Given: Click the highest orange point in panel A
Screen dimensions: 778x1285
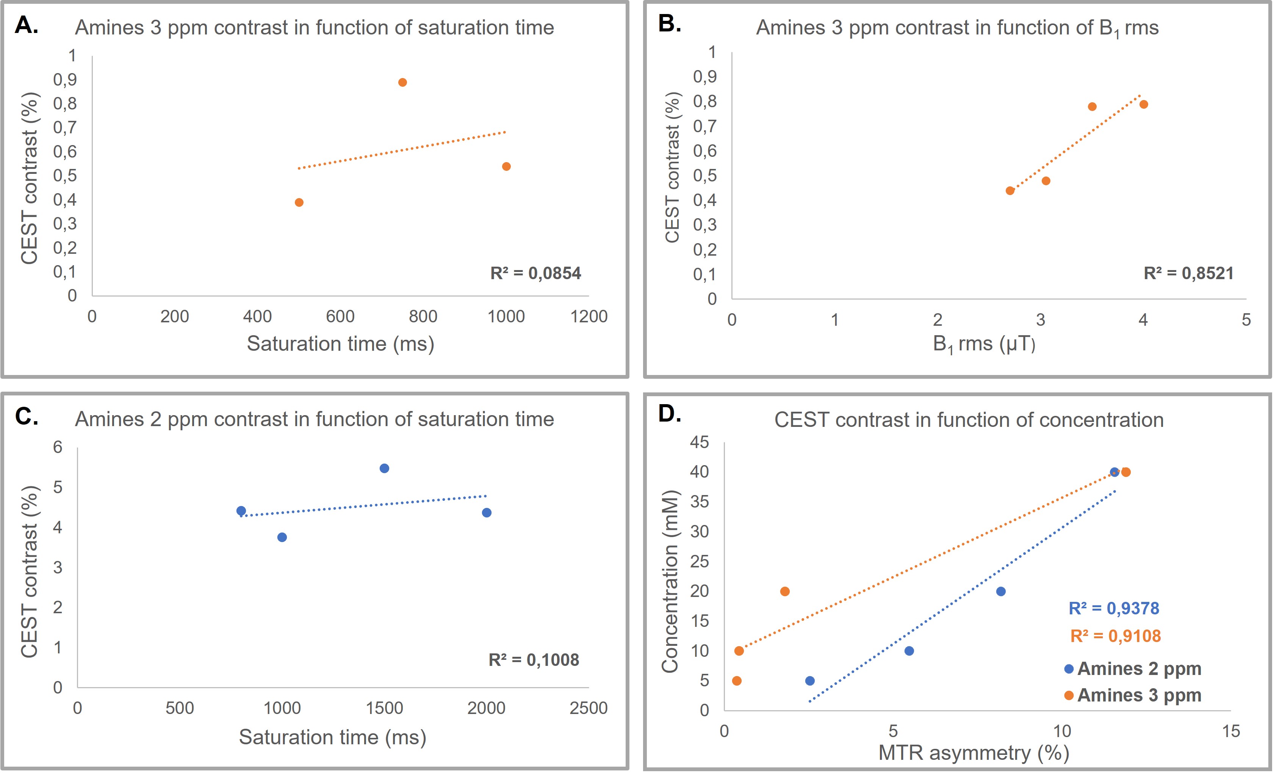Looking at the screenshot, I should click(402, 83).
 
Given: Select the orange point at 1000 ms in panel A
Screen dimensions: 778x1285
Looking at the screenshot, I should click(506, 166).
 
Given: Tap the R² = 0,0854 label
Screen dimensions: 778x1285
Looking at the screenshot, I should click(535, 273).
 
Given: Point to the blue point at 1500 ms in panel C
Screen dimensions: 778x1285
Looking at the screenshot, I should click(384, 468).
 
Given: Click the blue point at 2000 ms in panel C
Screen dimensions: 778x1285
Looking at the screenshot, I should click(487, 512).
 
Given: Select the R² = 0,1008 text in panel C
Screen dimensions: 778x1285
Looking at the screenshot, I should click(534, 660).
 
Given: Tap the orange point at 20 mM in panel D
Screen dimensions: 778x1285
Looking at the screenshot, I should click(785, 591).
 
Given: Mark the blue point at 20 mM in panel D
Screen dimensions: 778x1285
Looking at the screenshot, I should click(1001, 591).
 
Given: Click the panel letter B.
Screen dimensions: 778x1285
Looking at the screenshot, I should click(669, 23).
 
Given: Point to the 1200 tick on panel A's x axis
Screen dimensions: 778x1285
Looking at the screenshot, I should click(589, 317).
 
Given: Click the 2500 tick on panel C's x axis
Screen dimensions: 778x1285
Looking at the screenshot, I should click(588, 708).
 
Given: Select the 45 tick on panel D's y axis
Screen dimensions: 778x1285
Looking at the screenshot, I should click(700, 442).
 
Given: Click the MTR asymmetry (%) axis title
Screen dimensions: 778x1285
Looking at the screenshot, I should click(974, 753).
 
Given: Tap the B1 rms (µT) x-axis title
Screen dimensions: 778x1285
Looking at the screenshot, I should click(984, 344).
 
